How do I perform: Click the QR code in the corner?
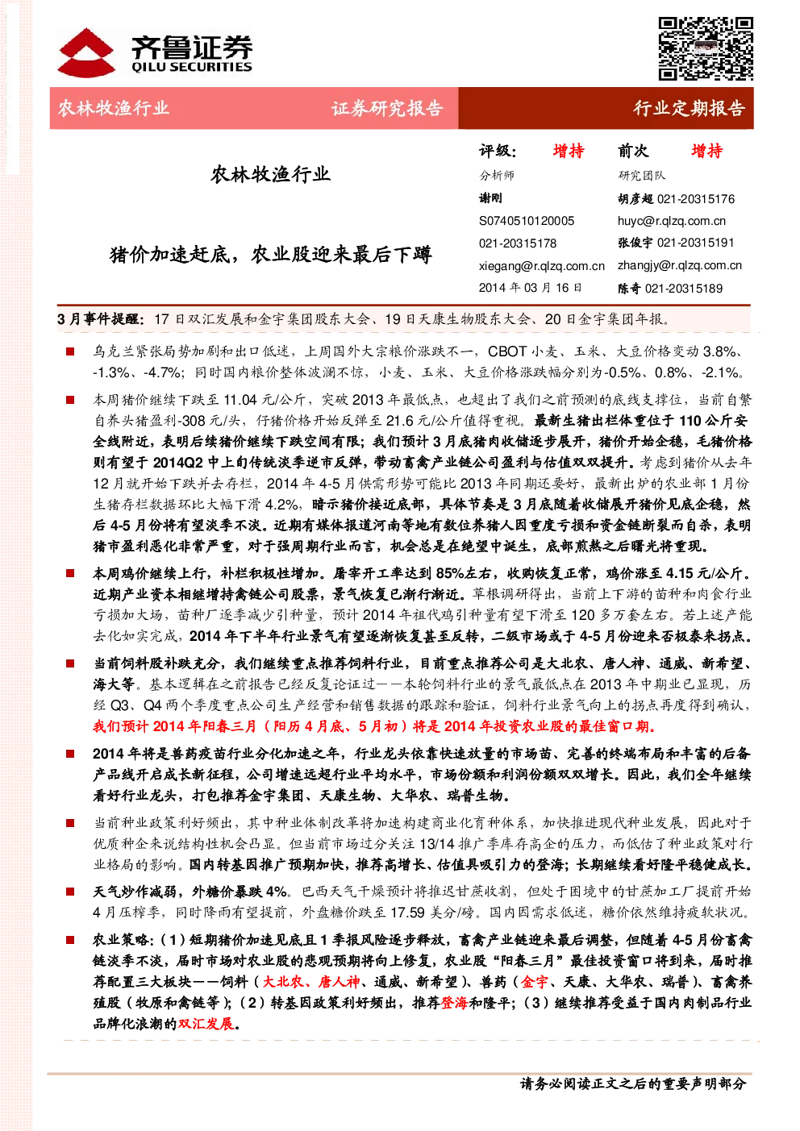click(x=705, y=48)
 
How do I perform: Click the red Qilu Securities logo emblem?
click(x=85, y=52)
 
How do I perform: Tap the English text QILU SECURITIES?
click(x=191, y=67)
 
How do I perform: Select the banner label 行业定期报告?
click(x=690, y=108)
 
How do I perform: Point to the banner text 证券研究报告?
click(x=387, y=108)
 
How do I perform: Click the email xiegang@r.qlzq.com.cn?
click(x=541, y=266)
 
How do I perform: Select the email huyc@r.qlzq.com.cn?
click(x=671, y=221)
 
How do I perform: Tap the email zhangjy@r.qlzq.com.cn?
click(x=680, y=265)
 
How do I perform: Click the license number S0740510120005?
click(x=527, y=221)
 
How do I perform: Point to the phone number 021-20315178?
click(x=518, y=243)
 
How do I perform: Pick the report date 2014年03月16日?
click(x=530, y=288)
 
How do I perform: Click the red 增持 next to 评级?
click(x=569, y=151)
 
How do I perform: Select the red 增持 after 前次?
click(x=707, y=151)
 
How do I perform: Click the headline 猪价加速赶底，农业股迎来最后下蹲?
click(x=270, y=254)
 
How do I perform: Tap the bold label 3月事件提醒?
click(x=101, y=319)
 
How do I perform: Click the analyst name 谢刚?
click(x=490, y=198)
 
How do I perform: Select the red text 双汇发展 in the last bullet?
click(x=206, y=1024)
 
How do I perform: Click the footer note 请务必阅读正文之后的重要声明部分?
click(x=633, y=1083)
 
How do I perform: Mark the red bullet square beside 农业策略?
click(x=70, y=940)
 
